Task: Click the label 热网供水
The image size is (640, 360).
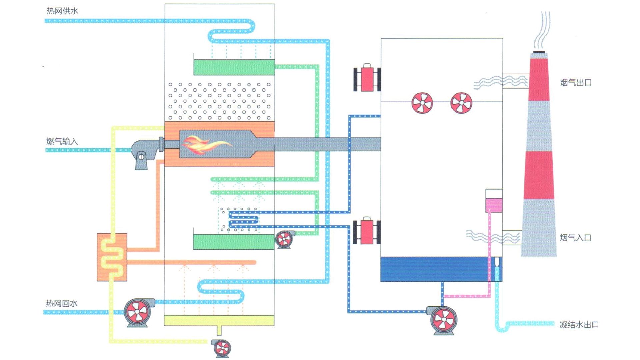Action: coord(62,11)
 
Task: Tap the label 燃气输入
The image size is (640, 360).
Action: coord(62,141)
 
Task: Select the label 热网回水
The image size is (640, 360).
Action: coord(62,303)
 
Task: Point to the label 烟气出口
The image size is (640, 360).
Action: coord(576,83)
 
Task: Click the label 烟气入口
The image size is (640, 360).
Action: coord(575,238)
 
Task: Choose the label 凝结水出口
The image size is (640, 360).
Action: coord(579,324)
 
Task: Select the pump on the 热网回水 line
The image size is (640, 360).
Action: coord(138,312)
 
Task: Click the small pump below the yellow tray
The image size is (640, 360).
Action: coord(222,348)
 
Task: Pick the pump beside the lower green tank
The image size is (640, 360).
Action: coord(284,239)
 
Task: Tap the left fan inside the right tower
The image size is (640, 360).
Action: coord(422,103)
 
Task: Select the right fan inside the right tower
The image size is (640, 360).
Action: coord(461,103)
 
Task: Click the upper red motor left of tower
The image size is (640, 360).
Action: coord(367,79)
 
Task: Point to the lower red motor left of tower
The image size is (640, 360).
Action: coord(367,231)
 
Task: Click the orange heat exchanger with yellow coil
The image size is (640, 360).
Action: coord(112,257)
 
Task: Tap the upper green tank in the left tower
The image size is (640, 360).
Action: coord(234,67)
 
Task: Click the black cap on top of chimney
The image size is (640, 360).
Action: coord(539,52)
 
